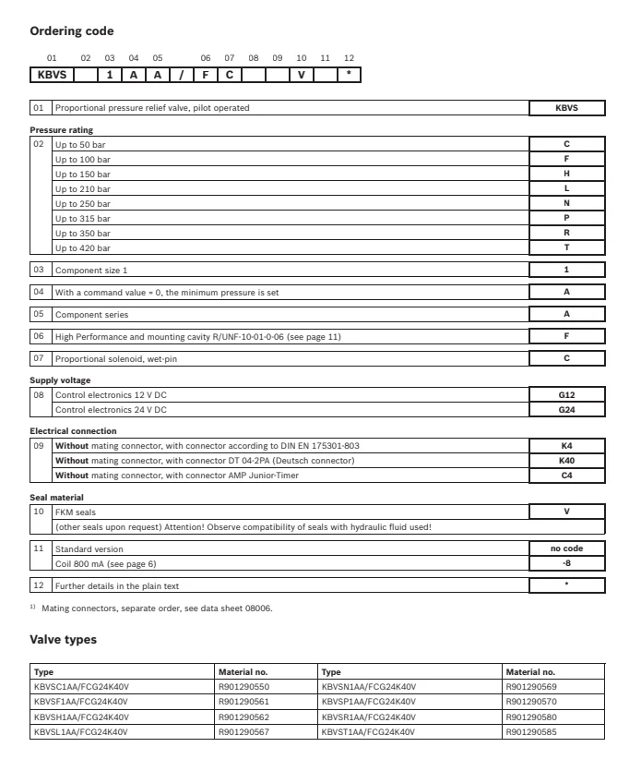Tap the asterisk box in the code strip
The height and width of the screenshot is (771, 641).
[x=349, y=74]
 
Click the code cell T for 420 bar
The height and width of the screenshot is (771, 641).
[x=566, y=248]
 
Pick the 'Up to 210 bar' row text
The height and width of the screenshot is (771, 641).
[x=83, y=189]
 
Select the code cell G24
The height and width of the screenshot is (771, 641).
[x=566, y=408]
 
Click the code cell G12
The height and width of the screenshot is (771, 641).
[x=566, y=394]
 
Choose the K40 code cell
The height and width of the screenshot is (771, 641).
[x=566, y=461]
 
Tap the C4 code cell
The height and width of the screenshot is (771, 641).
[x=566, y=475]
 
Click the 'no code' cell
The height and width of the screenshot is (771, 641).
[x=566, y=548]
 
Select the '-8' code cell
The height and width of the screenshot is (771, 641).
[x=566, y=562]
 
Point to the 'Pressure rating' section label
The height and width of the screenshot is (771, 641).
[x=62, y=129]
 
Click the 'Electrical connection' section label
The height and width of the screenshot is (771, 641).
[x=72, y=431]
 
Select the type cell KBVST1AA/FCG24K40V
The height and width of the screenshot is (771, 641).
[x=368, y=731]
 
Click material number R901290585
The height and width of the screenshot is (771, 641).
[x=531, y=731]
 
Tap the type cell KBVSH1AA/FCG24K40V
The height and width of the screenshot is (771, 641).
[x=80, y=717]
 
